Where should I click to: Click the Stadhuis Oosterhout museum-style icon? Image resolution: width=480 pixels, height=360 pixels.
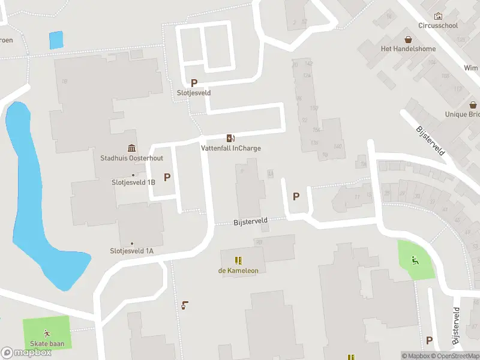(131, 148)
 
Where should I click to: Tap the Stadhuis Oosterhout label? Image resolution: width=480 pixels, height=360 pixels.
(131, 158)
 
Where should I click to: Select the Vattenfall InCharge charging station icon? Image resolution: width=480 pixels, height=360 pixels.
(230, 138)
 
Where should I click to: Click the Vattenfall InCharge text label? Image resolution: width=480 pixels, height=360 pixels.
(230, 148)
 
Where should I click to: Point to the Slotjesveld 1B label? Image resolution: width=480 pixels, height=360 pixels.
(133, 182)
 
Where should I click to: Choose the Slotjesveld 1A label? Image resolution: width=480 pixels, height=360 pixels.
(131, 251)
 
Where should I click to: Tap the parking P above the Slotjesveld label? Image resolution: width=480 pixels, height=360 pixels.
(194, 83)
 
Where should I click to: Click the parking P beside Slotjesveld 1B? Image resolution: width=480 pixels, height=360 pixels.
(167, 177)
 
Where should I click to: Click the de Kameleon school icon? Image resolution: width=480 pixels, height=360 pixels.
(238, 260)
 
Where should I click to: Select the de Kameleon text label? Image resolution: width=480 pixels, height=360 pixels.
(238, 271)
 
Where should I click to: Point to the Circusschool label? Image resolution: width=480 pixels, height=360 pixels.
(438, 26)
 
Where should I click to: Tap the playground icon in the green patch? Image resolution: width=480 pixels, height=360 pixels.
(414, 260)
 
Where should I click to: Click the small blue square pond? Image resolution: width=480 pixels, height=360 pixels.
(55, 40)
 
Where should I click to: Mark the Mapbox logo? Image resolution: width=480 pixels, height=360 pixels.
(26, 353)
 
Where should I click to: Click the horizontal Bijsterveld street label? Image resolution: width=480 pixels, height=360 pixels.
(250, 222)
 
